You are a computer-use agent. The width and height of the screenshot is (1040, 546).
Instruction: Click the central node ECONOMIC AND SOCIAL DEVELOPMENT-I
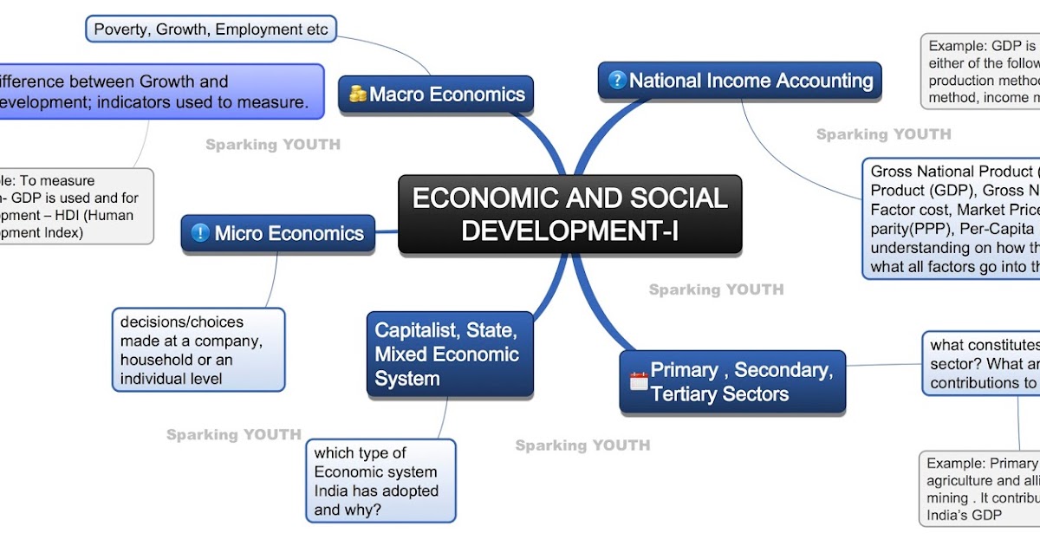pos(569,214)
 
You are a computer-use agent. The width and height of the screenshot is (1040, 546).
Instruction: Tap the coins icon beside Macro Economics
pos(358,94)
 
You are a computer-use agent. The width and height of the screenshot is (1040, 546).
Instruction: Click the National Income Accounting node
pos(740,81)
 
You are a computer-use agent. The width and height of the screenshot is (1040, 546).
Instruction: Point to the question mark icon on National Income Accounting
pos(617,81)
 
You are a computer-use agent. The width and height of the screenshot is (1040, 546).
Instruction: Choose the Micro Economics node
pos(278,233)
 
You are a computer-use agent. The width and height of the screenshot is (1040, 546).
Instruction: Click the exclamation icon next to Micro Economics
pos(200,233)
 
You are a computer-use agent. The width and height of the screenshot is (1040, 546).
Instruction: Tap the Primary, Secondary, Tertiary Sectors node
pos(732,382)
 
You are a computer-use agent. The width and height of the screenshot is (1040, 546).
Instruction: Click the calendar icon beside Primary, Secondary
pos(639,380)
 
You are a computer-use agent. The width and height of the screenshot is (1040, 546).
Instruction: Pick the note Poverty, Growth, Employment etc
pos(211,29)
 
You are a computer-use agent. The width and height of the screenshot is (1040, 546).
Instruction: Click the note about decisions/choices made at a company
pos(198,349)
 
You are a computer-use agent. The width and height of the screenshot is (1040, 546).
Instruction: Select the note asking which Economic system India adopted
pos(380,480)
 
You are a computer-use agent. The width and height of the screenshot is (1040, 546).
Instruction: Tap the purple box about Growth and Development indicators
pos(156,92)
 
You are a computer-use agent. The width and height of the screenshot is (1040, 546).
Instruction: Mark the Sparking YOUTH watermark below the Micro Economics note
pos(234,434)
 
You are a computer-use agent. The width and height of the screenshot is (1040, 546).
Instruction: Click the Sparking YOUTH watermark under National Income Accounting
pos(883,134)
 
